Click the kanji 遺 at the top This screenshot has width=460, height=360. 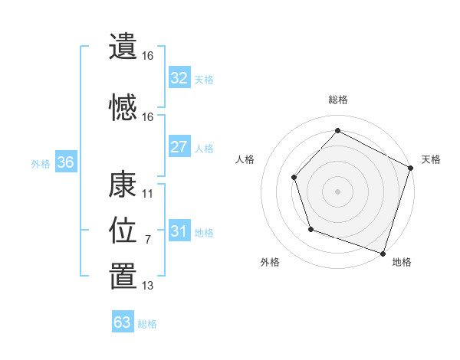(x=123, y=47)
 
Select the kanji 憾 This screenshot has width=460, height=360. (x=123, y=108)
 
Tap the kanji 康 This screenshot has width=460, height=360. (x=123, y=185)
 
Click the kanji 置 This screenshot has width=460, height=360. (x=123, y=277)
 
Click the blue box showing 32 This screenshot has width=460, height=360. (x=179, y=78)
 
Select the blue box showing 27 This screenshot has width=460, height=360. (x=179, y=147)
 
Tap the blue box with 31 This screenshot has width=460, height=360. (x=179, y=231)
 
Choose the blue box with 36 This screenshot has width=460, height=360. (x=65, y=162)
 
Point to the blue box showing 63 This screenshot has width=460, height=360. (x=122, y=322)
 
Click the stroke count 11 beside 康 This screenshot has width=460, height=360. (x=148, y=194)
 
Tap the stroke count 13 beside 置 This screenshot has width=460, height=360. (x=148, y=286)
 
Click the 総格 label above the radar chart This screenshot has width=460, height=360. (x=338, y=100)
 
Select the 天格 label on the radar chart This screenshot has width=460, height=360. (x=431, y=159)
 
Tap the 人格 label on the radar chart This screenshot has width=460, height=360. (x=245, y=159)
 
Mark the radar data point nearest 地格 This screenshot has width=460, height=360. (x=383, y=253)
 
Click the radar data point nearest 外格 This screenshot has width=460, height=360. (x=310, y=229)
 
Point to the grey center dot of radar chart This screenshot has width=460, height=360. (x=338, y=191)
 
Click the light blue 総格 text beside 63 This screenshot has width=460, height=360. (x=147, y=324)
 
